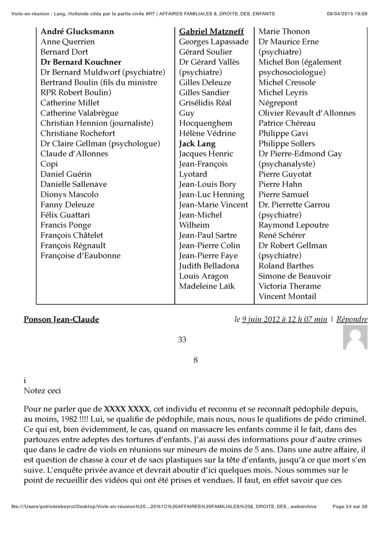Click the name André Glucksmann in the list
[x=77, y=31]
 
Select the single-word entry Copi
[x=49, y=164]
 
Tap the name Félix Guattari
[x=65, y=215]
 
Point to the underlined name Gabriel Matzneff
[x=211, y=31]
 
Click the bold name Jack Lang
[x=197, y=144]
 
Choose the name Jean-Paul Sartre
[x=208, y=235]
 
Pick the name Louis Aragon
[x=204, y=276]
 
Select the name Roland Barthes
[x=286, y=266]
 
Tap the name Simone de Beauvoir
[x=294, y=276]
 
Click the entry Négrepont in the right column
[x=278, y=103]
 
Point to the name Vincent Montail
[x=287, y=296]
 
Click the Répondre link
[x=352, y=319]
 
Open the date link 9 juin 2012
[x=285, y=319]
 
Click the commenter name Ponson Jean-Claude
[x=61, y=319]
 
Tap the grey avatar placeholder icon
[x=355, y=337]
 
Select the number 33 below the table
[x=182, y=339]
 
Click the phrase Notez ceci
[x=42, y=391]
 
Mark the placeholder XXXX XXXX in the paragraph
[x=127, y=409]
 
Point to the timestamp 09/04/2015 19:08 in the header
[x=347, y=14]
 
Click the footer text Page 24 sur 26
[x=350, y=506]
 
